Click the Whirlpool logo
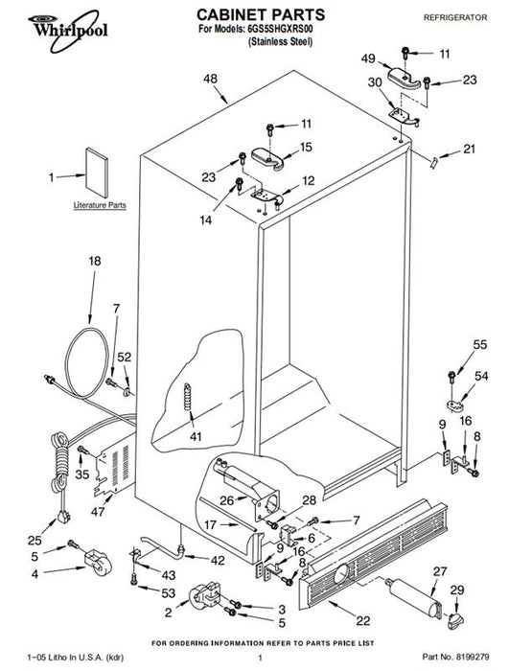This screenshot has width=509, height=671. click(68, 31)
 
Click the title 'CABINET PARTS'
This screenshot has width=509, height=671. click(261, 15)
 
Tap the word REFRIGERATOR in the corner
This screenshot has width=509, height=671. click(455, 17)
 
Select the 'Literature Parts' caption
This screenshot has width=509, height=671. click(100, 205)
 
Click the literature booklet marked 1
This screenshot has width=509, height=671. click(97, 173)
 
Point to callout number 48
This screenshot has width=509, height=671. click(210, 79)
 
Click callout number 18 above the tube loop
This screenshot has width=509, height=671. click(95, 261)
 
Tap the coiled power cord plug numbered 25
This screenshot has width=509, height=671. click(63, 517)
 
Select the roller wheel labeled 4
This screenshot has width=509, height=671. click(98, 563)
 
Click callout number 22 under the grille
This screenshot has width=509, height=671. click(363, 620)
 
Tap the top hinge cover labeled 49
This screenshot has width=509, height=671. click(405, 79)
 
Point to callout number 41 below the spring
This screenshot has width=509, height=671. click(196, 437)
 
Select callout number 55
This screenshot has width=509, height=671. click(480, 344)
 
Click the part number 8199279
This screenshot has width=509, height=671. click(473, 657)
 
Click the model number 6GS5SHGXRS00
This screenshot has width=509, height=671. click(281, 30)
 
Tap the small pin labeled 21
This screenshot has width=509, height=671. click(434, 163)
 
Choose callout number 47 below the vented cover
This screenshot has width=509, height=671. click(98, 511)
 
